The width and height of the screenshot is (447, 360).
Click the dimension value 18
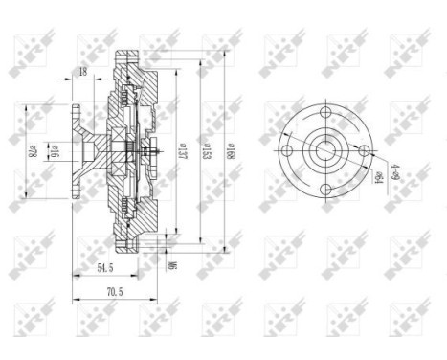[x=84, y=73]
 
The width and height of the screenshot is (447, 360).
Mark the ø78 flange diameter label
[x=31, y=150]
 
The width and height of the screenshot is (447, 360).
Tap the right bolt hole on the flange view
[x=363, y=150]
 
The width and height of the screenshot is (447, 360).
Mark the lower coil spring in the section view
[x=127, y=204]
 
